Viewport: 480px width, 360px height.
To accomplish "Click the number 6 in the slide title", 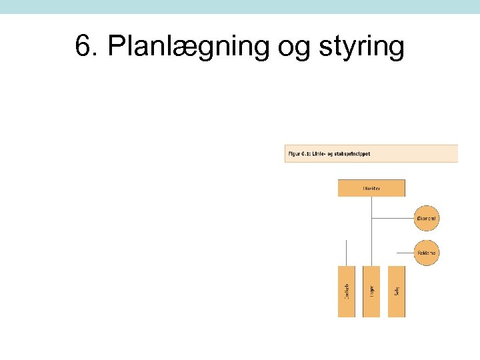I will [x=83, y=47].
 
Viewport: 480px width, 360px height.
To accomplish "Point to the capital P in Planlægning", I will [x=115, y=47].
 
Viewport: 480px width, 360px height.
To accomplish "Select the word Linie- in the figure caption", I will [x=323, y=154].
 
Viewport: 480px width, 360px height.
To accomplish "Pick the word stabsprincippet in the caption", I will [x=355, y=154].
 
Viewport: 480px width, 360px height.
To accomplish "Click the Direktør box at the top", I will [x=371, y=188].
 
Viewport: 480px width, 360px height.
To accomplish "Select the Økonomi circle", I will [x=427, y=218].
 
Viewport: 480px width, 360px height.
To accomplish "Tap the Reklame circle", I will [x=427, y=253].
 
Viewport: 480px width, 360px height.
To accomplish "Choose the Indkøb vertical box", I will [x=347, y=291].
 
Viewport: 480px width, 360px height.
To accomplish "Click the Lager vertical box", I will [x=371, y=291].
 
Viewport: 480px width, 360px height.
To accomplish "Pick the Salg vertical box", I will [x=396, y=291].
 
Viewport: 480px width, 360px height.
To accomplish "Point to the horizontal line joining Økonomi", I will [x=393, y=218].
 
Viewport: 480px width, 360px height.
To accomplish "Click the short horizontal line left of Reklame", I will [x=405, y=253].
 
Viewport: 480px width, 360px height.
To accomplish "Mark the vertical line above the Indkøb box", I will [x=347, y=252].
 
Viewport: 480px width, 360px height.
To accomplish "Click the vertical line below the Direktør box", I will [x=371, y=230].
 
